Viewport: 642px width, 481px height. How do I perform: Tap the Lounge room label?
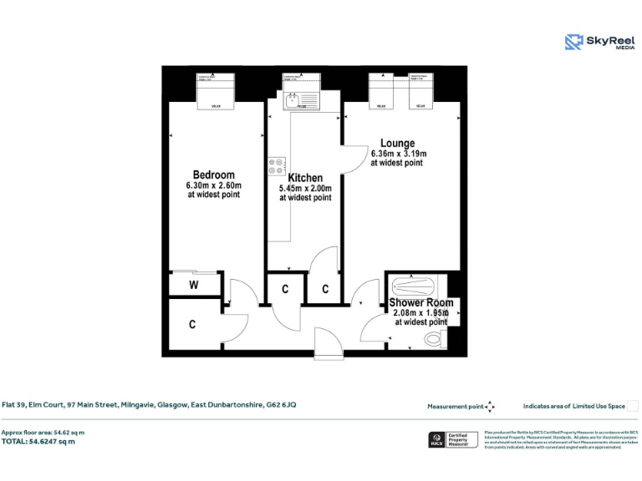pos(397,144)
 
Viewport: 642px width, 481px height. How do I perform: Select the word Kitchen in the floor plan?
pos(305,178)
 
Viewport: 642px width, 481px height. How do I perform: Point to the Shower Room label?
pos(421,302)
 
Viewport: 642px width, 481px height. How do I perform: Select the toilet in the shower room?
pos(436,338)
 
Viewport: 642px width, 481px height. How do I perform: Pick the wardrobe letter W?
pos(193,285)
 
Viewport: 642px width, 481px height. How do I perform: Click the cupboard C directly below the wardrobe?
pos(192,324)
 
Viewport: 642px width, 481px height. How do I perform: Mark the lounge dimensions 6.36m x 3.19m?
pos(399,154)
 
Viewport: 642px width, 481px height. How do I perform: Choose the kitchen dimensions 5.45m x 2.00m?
pos(305,189)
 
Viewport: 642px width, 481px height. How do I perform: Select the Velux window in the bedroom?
pos(216,92)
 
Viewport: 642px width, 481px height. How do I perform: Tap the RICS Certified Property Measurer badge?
pos(452,439)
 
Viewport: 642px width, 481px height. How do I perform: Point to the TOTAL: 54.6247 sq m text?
pos(38,441)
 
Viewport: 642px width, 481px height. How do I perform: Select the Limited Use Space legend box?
pos(632,406)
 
